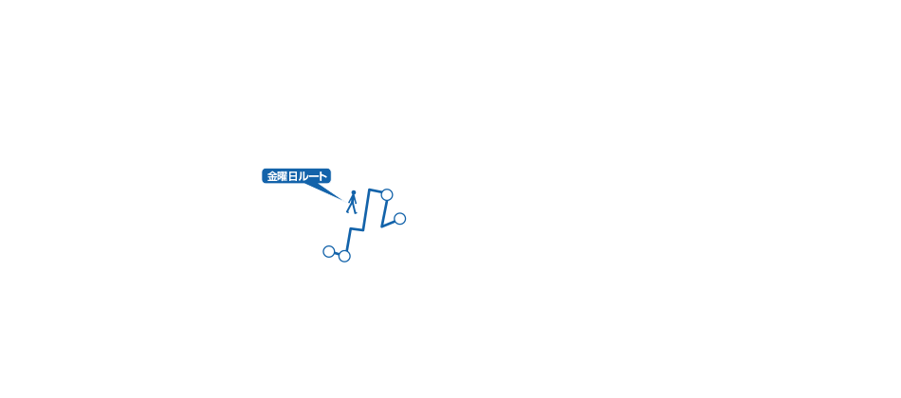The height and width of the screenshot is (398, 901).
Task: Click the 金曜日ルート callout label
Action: (x=296, y=176)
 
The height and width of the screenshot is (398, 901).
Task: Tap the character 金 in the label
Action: (x=272, y=176)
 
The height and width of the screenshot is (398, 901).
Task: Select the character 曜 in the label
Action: (x=284, y=176)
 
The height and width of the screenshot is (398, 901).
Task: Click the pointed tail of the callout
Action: (x=343, y=199)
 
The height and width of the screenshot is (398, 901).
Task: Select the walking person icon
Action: (x=352, y=202)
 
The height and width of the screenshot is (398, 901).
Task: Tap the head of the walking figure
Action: (x=353, y=192)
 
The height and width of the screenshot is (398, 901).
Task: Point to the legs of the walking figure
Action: (x=352, y=209)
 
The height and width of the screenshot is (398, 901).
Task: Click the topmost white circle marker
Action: (x=387, y=194)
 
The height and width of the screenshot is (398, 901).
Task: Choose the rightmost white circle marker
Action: (x=399, y=219)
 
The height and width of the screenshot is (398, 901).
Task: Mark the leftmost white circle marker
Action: (x=329, y=251)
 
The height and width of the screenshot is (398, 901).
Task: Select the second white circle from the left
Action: (x=344, y=256)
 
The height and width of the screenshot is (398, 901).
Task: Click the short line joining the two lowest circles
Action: (x=337, y=254)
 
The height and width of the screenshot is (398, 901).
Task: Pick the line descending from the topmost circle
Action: (x=384, y=211)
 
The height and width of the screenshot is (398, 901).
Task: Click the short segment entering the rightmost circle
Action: (x=390, y=224)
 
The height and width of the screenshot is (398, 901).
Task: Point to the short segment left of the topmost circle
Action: (x=376, y=190)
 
